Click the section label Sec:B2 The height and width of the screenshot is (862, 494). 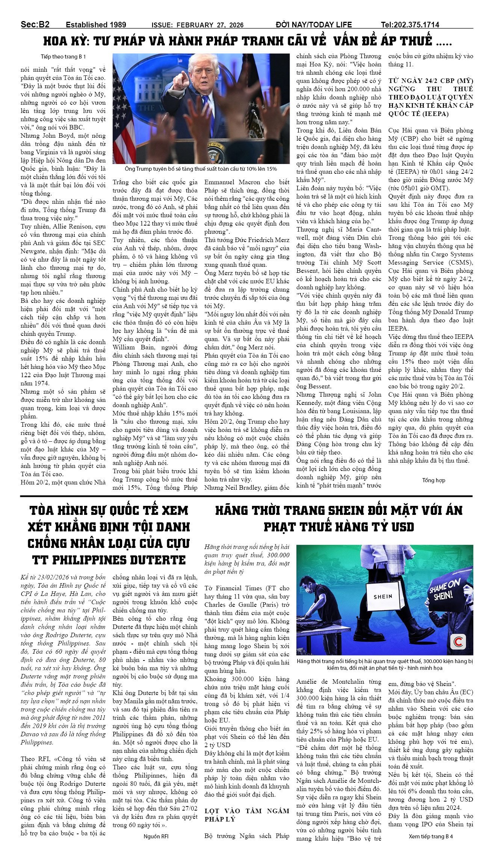(35, 24)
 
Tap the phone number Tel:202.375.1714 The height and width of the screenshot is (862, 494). (410, 25)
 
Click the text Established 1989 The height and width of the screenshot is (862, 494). (96, 25)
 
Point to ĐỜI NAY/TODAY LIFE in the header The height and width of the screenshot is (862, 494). (314, 25)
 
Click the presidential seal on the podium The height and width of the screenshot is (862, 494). (216, 152)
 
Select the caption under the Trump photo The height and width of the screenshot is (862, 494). (201, 169)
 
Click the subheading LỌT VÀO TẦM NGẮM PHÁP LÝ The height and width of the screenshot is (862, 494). (247, 815)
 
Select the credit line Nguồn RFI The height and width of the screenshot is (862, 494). (156, 836)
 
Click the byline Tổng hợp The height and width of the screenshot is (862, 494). (434, 480)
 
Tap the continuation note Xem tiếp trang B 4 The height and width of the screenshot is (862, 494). (431, 836)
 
